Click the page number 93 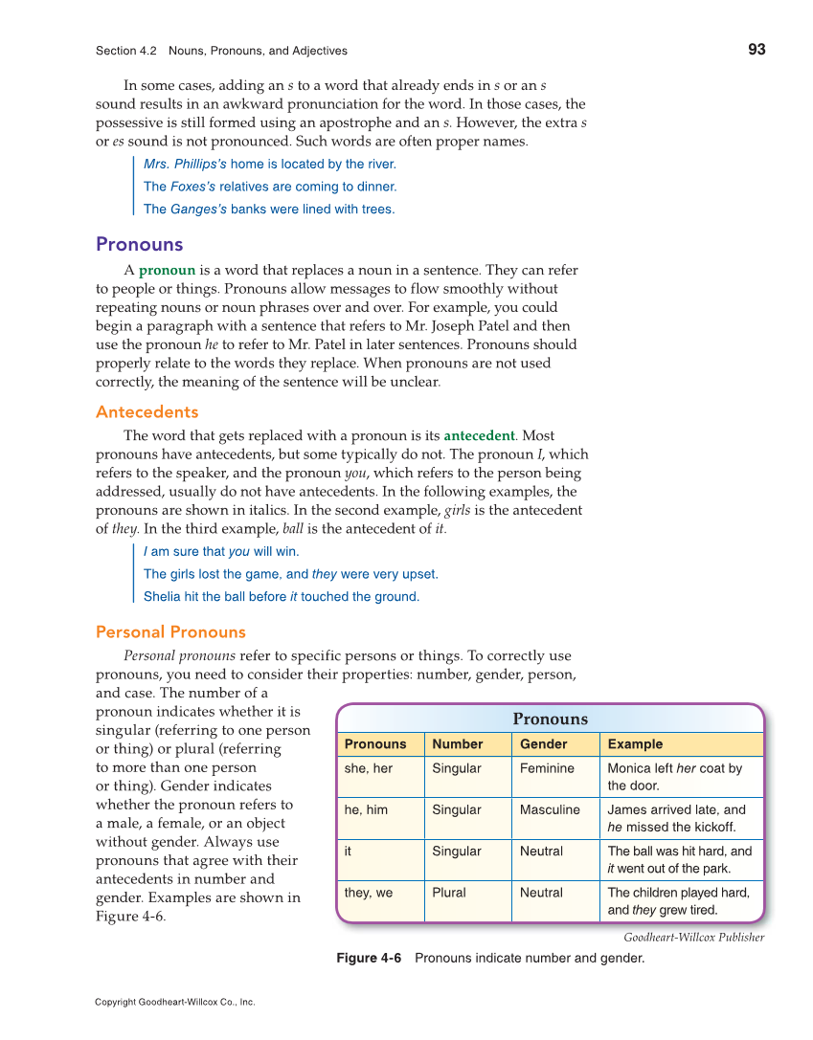[756, 50]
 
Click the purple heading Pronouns [139, 244]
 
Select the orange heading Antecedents [147, 412]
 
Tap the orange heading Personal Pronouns [170, 632]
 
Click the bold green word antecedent [479, 436]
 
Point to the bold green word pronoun [167, 271]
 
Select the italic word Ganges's [198, 210]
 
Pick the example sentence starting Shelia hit [281, 597]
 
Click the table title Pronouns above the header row [550, 719]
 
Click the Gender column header [543, 744]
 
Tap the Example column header [634, 744]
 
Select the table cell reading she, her [369, 768]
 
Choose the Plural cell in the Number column [448, 893]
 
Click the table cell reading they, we [368, 893]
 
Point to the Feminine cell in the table [547, 768]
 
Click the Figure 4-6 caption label [369, 958]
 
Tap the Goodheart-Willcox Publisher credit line [693, 938]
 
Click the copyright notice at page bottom [174, 1003]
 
